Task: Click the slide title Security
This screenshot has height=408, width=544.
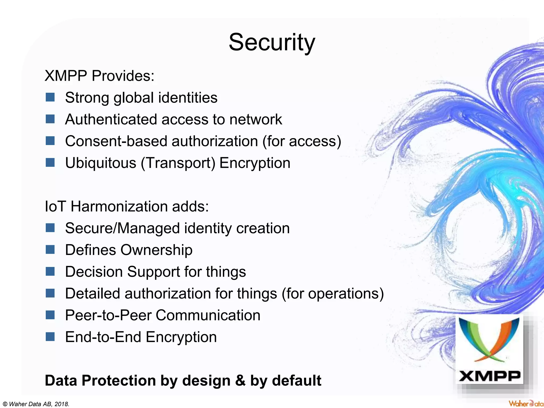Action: [x=272, y=42]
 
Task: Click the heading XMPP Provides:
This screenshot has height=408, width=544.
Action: [x=100, y=76]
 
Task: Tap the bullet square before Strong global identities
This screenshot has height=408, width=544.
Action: [x=50, y=97]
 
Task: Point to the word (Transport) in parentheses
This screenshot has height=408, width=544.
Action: [x=178, y=163]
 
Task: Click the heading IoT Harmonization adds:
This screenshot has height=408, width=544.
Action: [x=127, y=206]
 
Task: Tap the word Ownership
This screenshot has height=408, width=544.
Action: [x=156, y=250]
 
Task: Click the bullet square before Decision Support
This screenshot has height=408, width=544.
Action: [x=50, y=271]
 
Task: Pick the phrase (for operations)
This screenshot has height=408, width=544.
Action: [x=333, y=294]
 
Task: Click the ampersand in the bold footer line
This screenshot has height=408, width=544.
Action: [x=240, y=380]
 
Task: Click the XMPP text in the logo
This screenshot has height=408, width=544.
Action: [x=490, y=376]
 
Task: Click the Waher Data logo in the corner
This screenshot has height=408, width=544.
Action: [x=526, y=403]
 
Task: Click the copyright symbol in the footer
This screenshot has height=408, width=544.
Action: [x=5, y=404]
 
